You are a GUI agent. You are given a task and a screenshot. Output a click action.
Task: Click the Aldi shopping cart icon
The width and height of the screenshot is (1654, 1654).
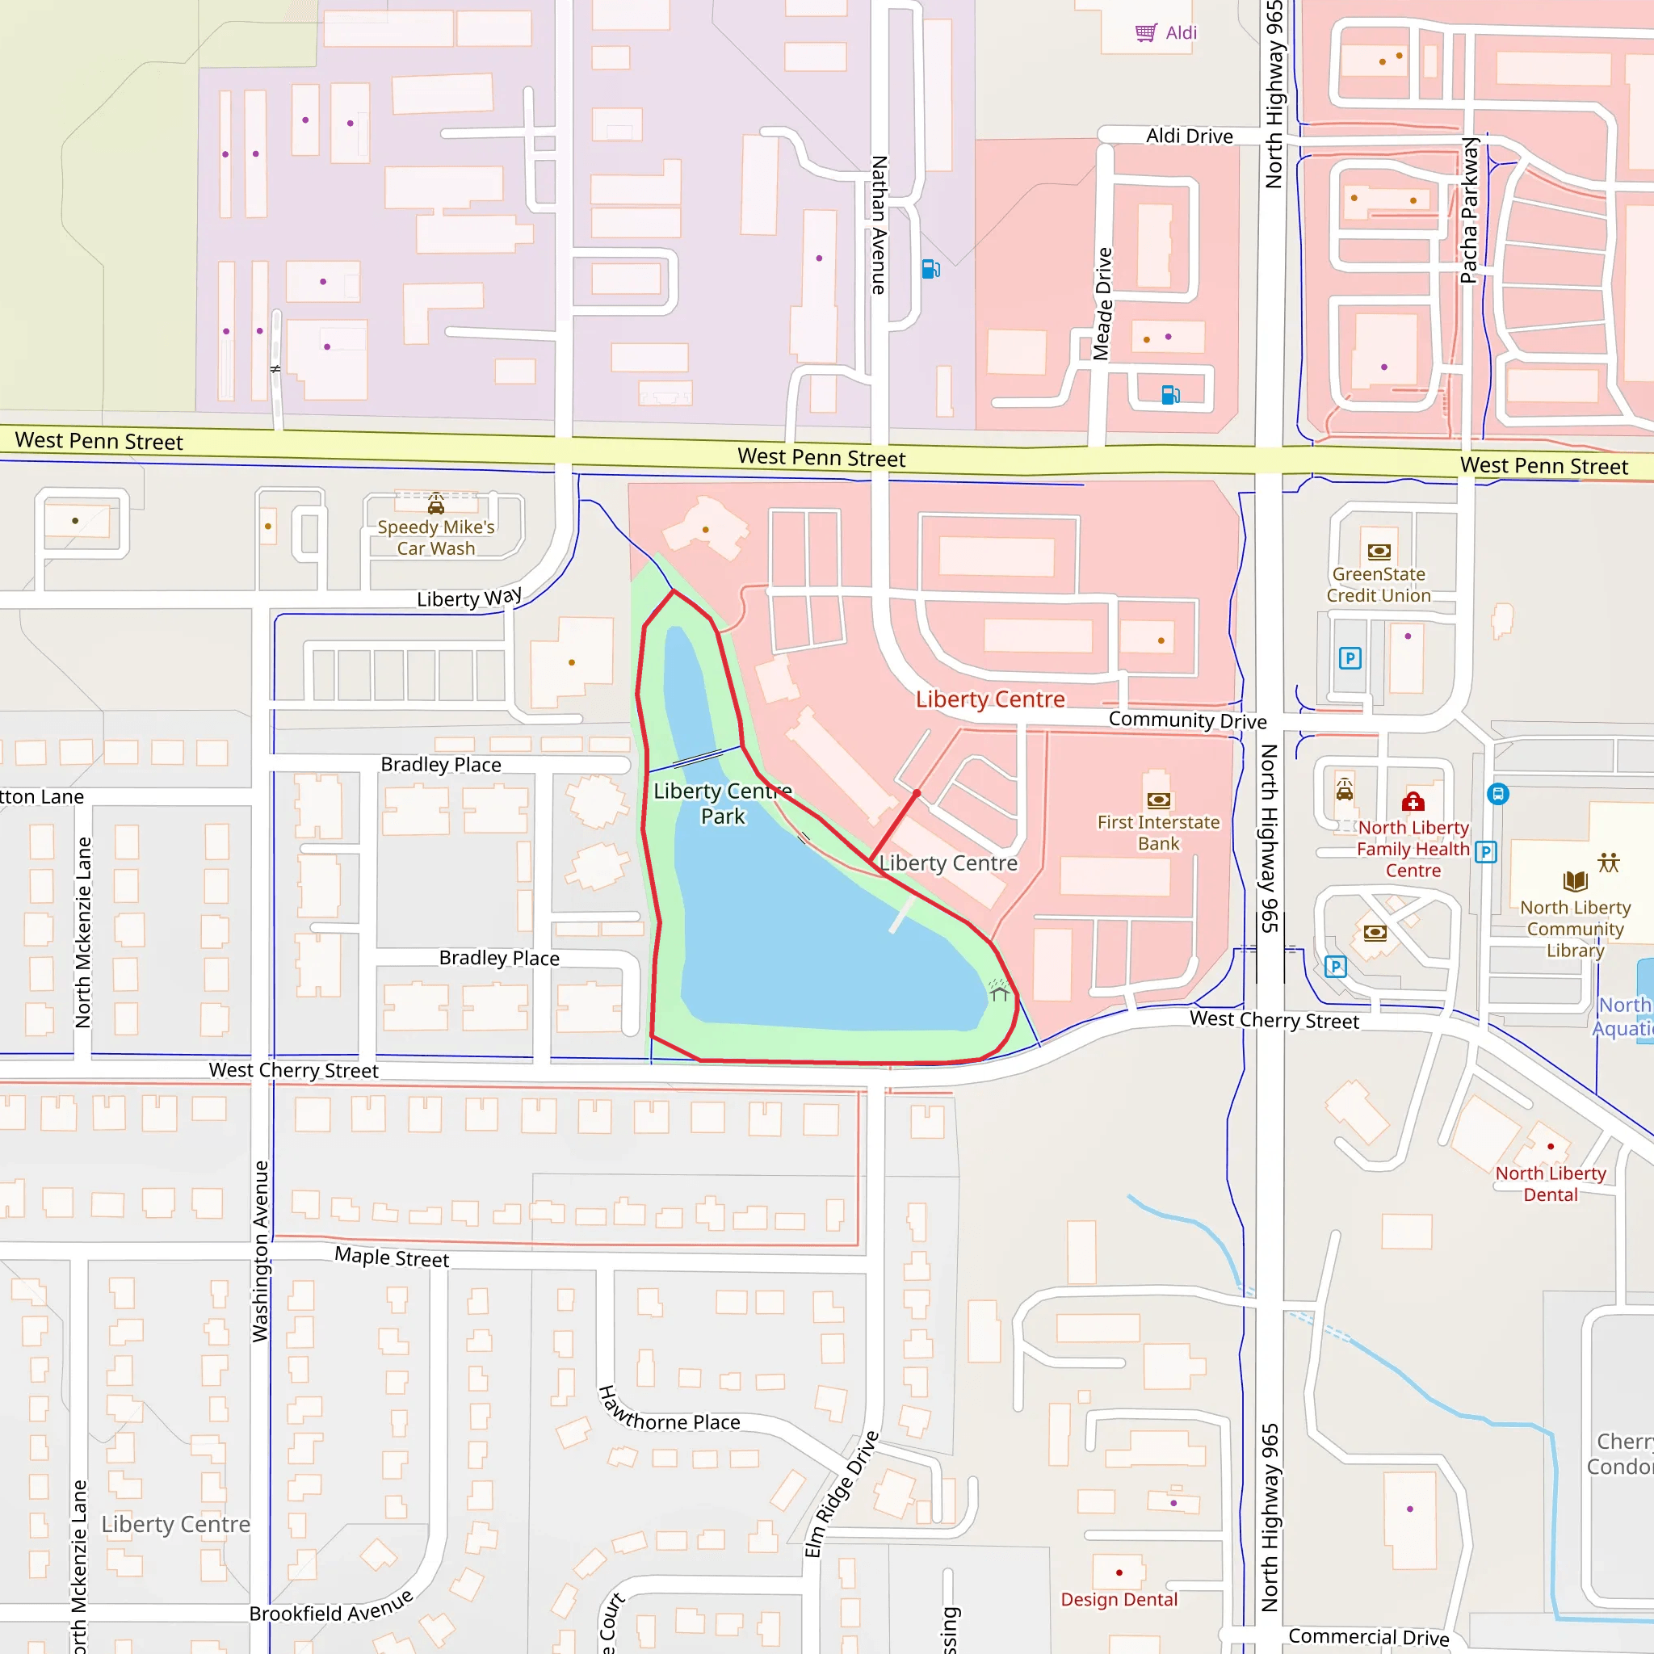pos(1145,32)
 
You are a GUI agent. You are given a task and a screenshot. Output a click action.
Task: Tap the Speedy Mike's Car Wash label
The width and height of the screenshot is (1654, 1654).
pos(436,538)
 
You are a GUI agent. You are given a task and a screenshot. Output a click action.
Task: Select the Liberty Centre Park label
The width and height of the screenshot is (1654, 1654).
pos(723,803)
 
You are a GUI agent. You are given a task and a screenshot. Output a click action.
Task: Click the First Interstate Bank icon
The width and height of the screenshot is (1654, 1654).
pos(1158,800)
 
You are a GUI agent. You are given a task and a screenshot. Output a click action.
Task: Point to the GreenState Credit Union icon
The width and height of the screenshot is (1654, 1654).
pos(1379,552)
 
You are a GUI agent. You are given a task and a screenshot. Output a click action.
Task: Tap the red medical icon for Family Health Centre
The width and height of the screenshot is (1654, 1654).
pos(1413,801)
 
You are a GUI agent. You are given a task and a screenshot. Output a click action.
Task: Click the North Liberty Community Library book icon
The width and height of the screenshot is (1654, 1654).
pos(1574,880)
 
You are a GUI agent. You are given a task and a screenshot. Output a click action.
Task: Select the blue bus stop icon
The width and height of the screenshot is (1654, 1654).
pos(1497,794)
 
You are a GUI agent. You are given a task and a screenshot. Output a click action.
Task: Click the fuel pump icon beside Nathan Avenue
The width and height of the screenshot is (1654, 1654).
pos(930,269)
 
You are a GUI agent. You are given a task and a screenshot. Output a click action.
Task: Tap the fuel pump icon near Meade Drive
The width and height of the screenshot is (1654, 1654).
pos(1170,395)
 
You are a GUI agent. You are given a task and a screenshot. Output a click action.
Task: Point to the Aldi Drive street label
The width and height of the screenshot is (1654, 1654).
pos(1189,136)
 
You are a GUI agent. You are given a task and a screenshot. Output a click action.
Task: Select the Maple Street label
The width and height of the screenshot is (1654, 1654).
pos(391,1257)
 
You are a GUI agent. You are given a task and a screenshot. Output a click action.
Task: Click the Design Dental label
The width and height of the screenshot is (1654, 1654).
pos(1119,1599)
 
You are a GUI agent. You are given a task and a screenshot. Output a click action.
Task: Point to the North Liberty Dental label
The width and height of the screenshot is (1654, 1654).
pos(1550,1183)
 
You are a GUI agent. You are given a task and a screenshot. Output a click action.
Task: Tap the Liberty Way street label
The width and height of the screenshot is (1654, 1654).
pos(468,597)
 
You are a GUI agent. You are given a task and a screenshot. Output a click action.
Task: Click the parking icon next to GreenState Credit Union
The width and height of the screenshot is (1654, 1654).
pos(1350,657)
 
